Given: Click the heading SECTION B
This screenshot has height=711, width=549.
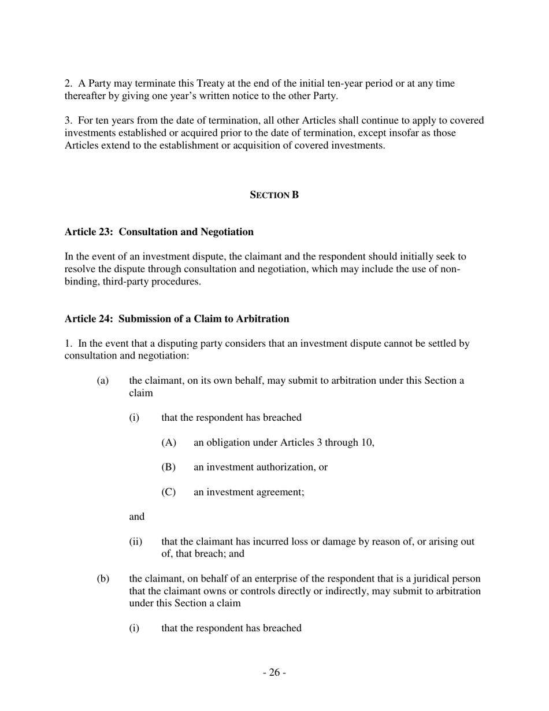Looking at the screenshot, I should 274,195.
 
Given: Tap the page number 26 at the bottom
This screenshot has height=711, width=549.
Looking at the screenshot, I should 274,672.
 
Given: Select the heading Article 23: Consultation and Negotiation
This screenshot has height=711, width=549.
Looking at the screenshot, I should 159,232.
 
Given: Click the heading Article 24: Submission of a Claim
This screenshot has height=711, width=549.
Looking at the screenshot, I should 177,319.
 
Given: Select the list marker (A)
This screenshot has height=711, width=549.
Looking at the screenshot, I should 168,443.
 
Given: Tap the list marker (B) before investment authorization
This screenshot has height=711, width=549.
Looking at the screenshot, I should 168,467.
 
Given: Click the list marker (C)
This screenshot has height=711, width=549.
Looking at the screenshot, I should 168,492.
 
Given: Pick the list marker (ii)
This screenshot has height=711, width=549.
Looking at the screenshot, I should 135,542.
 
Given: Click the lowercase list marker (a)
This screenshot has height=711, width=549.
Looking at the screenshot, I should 102,381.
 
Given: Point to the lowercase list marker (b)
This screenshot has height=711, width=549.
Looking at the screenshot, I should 103,579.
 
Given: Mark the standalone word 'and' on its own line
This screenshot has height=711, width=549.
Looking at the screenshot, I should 136,517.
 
